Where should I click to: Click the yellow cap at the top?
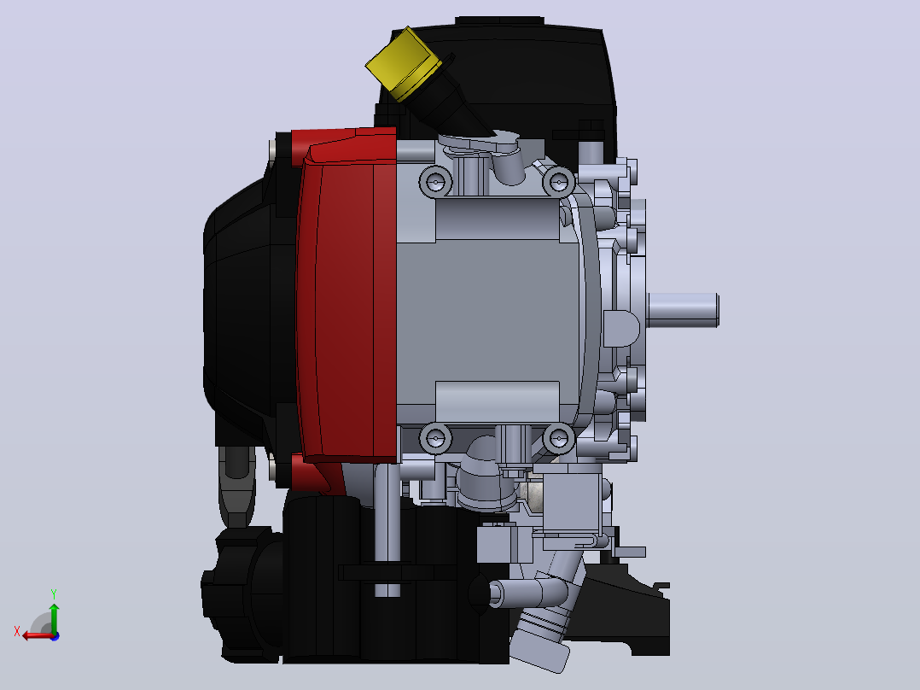[403, 63]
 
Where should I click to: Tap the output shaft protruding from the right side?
[683, 310]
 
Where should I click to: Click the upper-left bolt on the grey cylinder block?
[435, 183]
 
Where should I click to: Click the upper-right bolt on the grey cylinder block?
[558, 182]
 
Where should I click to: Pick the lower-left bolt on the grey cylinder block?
[435, 438]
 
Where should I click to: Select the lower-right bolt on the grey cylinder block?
[558, 438]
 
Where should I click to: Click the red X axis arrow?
[38, 635]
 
